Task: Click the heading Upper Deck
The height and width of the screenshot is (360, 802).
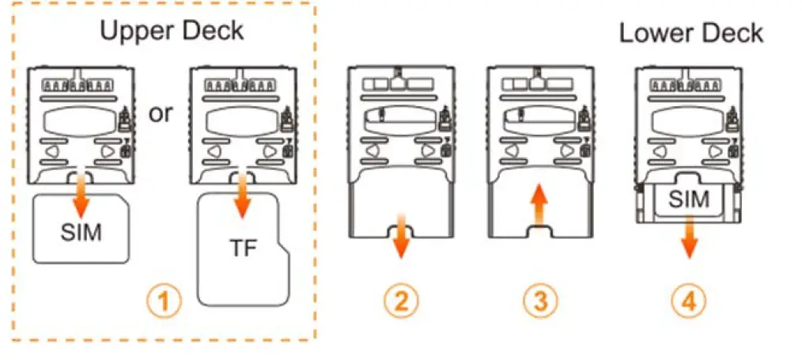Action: pos(172,31)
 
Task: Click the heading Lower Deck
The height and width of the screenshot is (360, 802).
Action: pos(690,33)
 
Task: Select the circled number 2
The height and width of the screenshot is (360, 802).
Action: pos(401,301)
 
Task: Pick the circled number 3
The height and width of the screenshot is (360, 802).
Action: pos(538,301)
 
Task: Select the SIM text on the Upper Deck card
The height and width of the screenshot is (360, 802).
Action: pos(81,234)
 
